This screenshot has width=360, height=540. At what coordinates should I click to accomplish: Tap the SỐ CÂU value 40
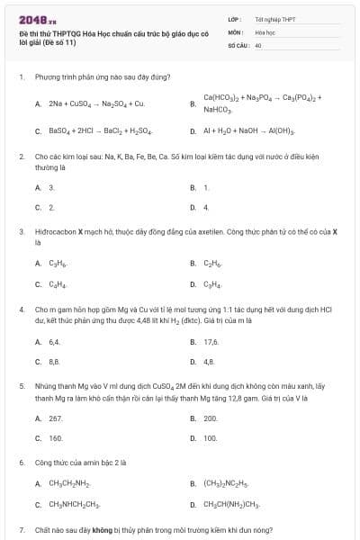point(258,44)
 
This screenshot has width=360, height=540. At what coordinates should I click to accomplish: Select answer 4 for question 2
point(206,207)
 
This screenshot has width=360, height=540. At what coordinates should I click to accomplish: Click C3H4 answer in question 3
point(212,284)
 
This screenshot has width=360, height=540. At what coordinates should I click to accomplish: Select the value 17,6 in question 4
point(211,342)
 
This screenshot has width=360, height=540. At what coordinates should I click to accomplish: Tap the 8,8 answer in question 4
point(54,362)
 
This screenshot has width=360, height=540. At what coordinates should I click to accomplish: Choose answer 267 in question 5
point(56,418)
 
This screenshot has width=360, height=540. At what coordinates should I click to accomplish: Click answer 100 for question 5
point(211,438)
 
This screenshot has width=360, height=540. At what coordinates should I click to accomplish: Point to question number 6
point(21,463)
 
